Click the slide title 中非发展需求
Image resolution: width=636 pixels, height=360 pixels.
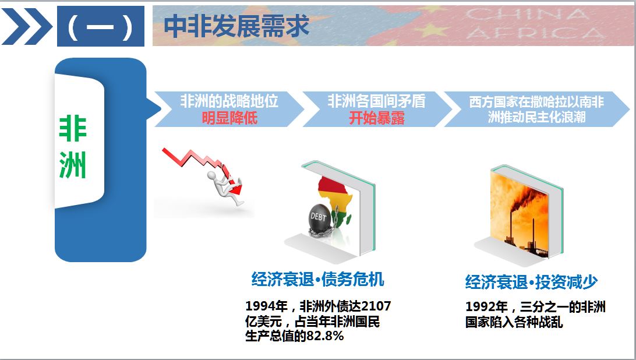(236, 26)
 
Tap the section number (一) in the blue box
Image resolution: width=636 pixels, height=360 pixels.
(101, 27)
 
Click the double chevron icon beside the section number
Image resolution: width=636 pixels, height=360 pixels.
(27, 26)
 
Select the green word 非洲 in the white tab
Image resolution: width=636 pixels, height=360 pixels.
(73, 147)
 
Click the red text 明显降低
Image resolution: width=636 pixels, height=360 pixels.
(229, 118)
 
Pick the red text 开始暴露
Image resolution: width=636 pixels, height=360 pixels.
(377, 118)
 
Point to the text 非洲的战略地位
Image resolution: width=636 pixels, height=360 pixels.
(229, 101)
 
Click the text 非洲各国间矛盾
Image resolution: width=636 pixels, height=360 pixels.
(376, 101)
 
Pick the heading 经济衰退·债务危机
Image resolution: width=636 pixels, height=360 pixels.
(317, 280)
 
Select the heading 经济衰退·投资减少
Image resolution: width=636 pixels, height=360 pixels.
(531, 282)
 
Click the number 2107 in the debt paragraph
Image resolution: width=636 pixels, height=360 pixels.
(376, 306)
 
